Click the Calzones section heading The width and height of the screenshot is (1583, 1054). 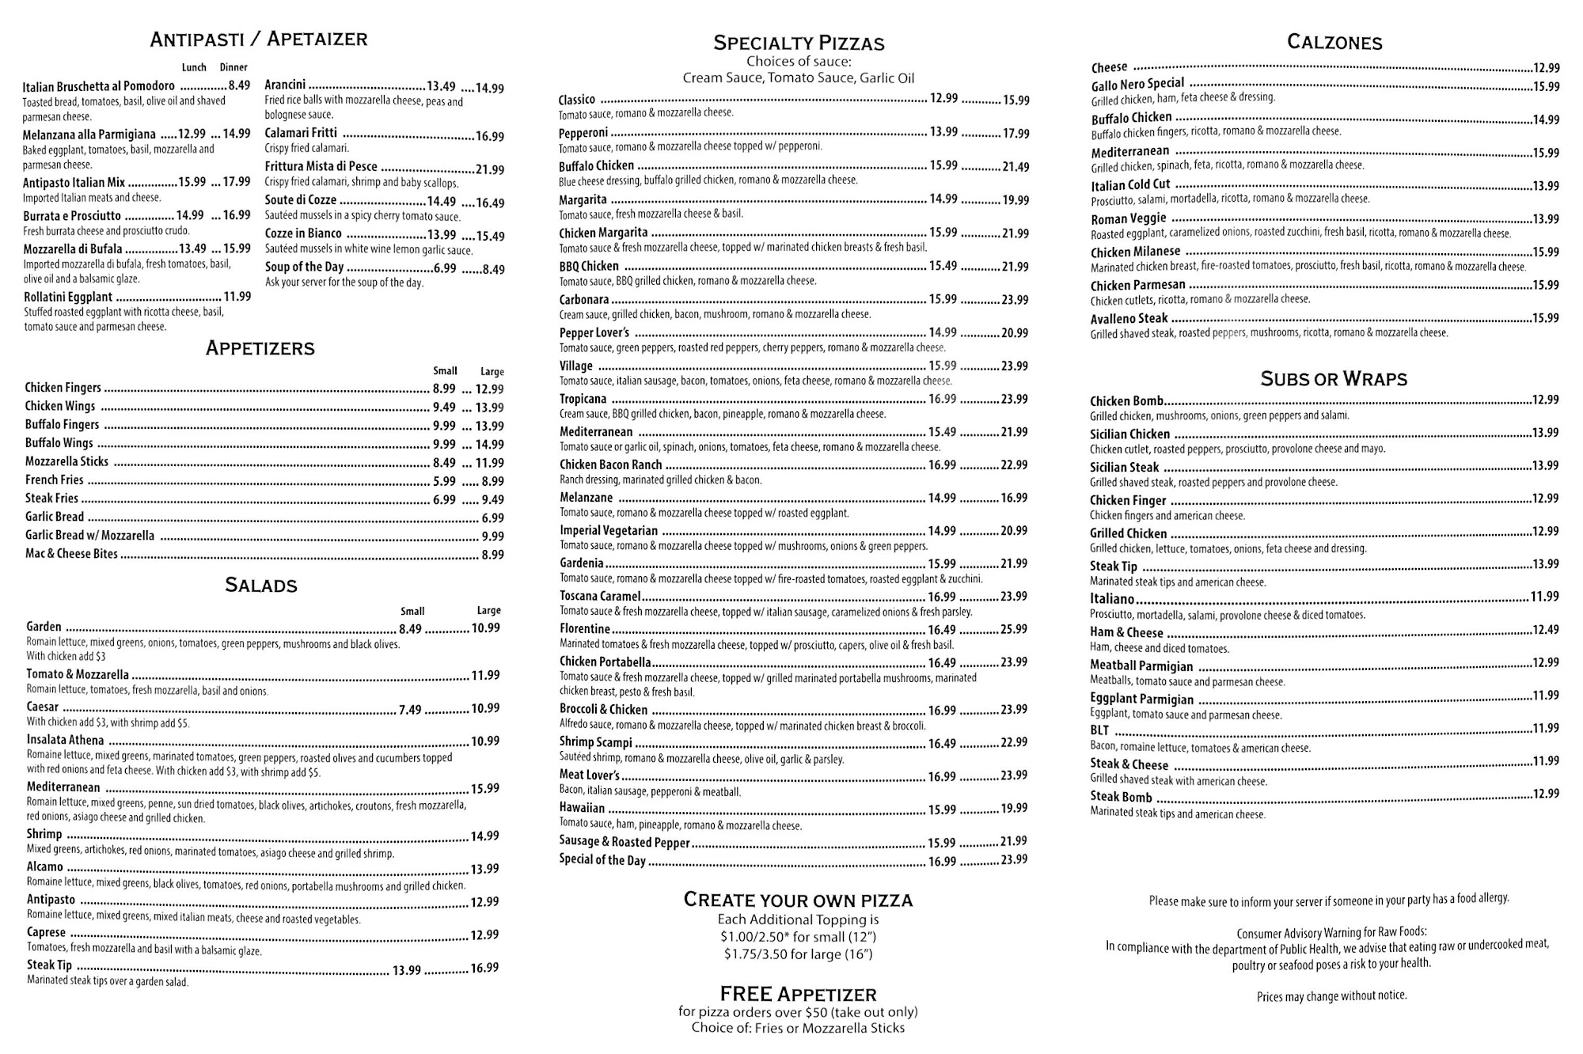[1334, 42]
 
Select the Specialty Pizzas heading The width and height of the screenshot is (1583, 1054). [799, 43]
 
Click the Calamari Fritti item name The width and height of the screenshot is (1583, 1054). [301, 134]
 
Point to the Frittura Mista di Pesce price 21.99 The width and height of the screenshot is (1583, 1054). [489, 170]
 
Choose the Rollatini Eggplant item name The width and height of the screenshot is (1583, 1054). [68, 298]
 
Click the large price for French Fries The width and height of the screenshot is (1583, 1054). [492, 481]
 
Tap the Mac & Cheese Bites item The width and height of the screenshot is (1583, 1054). [71, 554]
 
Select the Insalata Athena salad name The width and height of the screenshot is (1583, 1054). [65, 741]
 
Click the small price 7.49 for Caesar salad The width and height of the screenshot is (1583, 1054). [410, 710]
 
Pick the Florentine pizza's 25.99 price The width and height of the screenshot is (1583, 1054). [1013, 630]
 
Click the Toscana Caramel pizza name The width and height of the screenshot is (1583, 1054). [600, 597]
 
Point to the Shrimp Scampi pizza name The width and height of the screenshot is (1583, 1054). [596, 742]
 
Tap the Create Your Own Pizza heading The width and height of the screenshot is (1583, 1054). [798, 900]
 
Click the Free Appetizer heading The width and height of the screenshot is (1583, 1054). [798, 994]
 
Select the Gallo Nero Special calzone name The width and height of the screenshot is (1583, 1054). [1137, 84]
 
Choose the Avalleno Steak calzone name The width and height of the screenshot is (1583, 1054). [1129, 319]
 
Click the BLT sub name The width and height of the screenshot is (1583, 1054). [1099, 730]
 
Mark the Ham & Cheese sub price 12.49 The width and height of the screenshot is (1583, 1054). [1545, 631]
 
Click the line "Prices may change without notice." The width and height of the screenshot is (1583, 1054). [1331, 996]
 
